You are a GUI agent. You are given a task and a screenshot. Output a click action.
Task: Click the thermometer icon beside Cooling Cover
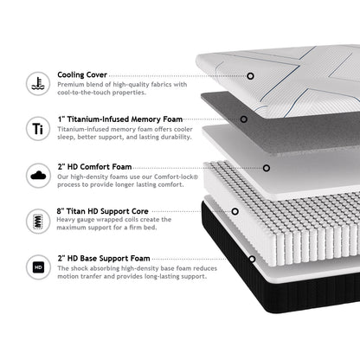38,84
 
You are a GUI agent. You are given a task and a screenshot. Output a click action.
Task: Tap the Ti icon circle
38,128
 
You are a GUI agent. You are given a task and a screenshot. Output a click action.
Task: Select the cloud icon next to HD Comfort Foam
38,176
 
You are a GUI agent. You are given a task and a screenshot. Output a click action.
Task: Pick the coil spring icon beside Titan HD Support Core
38,222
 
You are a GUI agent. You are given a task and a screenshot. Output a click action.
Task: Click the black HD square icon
38,267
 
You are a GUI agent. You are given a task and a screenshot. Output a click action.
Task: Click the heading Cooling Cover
82,75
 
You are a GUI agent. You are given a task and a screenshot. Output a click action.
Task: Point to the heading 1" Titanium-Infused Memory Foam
120,119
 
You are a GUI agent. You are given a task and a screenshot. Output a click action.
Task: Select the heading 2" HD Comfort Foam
94,167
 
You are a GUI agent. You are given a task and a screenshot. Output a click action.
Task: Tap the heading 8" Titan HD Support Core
103,211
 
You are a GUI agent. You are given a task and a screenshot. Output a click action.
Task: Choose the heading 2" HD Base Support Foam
104,258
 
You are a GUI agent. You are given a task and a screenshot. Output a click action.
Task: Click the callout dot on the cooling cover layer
250,76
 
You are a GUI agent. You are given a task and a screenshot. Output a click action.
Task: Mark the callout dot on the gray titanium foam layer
244,119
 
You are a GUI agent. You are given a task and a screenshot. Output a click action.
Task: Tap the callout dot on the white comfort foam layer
267,168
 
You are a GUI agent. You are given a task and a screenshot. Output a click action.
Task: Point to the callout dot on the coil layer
235,211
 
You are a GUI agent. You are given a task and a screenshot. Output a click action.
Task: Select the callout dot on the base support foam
252,259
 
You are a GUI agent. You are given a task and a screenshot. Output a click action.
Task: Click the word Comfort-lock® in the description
176,177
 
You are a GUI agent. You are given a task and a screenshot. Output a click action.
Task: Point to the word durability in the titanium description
177,137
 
